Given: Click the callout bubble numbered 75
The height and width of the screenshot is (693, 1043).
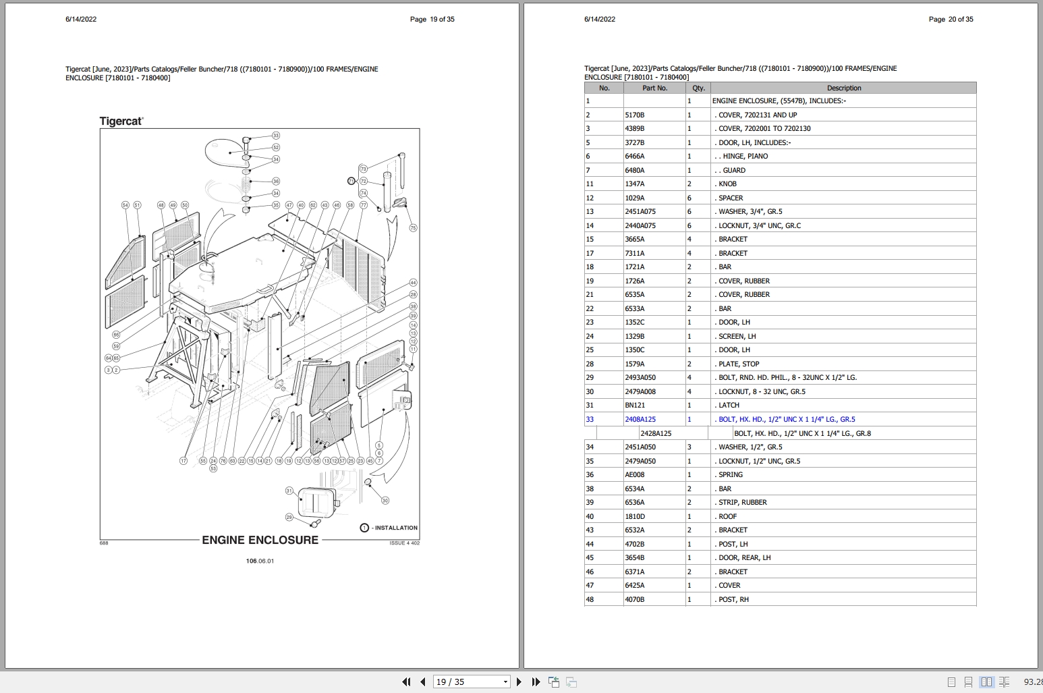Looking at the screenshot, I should click(414, 228).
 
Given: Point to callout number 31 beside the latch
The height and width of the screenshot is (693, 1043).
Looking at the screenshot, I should click(289, 491).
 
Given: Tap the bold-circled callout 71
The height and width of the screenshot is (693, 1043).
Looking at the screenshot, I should click(351, 181).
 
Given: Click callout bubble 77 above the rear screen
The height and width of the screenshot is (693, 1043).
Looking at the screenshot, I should click(363, 205).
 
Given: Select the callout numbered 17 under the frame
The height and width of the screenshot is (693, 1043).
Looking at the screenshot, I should click(184, 461).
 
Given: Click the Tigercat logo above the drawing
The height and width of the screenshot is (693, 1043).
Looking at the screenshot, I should click(121, 121).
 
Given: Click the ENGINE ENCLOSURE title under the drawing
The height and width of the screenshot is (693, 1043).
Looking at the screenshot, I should click(260, 540).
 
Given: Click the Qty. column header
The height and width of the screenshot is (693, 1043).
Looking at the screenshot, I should click(698, 88).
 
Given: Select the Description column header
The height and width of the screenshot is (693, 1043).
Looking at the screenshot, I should click(843, 88).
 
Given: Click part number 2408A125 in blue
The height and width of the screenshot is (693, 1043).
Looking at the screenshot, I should click(640, 419).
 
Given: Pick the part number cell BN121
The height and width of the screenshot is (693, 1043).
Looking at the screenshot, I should click(634, 406).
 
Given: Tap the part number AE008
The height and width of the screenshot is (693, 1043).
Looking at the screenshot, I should click(634, 475).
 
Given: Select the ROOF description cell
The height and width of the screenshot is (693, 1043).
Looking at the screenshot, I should click(727, 516).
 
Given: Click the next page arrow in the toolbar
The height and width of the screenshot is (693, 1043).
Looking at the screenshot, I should click(519, 682).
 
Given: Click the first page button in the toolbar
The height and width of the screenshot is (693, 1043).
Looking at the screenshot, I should click(406, 682).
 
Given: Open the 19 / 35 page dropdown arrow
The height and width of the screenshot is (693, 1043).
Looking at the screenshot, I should click(505, 682).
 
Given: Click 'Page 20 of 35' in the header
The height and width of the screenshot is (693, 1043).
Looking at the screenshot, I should click(951, 19).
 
